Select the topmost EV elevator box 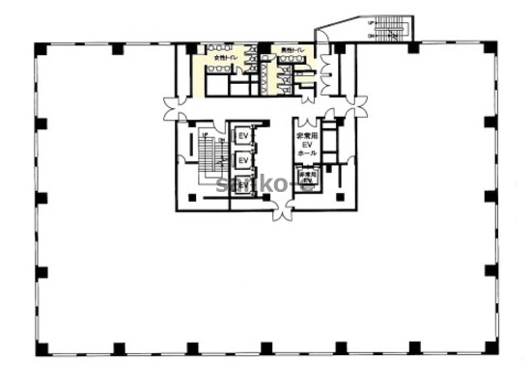(244, 137)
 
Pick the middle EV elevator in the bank (244, 159)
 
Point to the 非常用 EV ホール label (308, 145)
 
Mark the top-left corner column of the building (36, 48)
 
